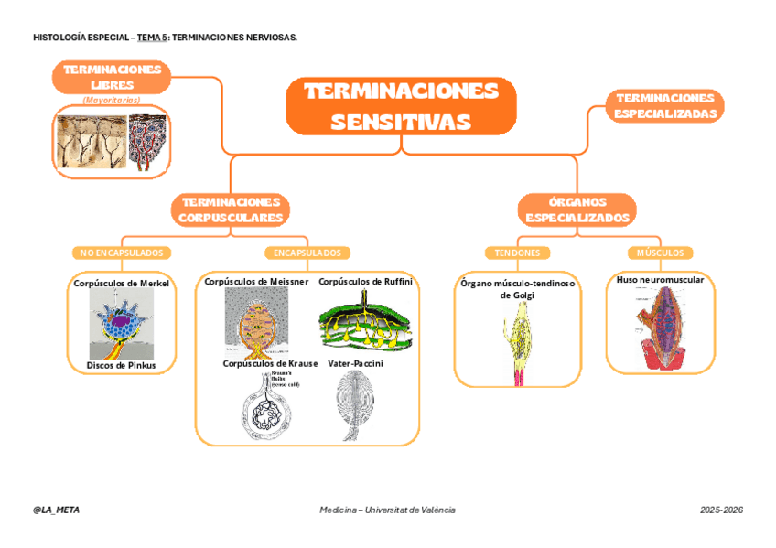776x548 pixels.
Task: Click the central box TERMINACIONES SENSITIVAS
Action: click(x=401, y=106)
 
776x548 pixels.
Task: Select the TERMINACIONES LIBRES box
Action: click(x=112, y=77)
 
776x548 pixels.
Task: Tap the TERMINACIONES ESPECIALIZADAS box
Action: click(x=665, y=105)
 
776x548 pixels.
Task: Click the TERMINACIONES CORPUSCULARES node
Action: click(x=231, y=210)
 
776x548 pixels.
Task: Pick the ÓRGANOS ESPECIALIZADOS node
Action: click(x=577, y=210)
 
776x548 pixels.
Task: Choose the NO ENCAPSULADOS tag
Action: click(x=122, y=253)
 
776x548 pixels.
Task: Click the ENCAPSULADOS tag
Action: click(x=307, y=253)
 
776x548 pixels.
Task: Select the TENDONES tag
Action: click(x=517, y=253)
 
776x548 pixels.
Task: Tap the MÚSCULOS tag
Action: click(x=660, y=253)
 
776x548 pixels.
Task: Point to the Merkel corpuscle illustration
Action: click(x=122, y=325)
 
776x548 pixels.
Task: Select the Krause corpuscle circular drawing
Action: click(x=266, y=407)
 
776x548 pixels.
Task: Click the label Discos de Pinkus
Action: click(x=121, y=365)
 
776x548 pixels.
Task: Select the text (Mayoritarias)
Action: click(x=112, y=98)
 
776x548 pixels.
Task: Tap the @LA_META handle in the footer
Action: click(x=56, y=510)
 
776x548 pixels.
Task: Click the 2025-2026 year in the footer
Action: click(x=721, y=510)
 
